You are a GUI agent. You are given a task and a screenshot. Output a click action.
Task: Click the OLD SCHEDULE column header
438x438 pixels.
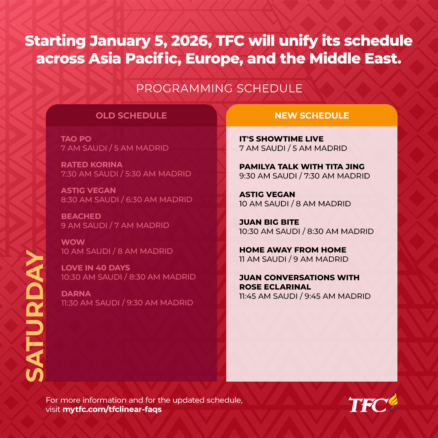click(131, 115)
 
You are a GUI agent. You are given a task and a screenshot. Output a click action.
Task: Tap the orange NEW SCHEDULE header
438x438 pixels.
click(312, 115)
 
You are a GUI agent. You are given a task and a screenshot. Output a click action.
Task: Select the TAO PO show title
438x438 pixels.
click(76, 139)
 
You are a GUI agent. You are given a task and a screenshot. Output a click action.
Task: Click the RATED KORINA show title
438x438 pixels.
click(92, 165)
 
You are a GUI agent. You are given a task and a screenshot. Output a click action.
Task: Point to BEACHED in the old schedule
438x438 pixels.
click(81, 216)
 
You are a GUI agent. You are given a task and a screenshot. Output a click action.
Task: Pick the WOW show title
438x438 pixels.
click(73, 242)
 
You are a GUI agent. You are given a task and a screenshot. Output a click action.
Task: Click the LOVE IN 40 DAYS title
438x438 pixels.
click(96, 268)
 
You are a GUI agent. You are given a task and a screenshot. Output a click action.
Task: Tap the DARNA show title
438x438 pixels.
click(76, 294)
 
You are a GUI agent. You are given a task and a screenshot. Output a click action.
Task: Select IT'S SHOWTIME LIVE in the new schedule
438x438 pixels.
click(281, 139)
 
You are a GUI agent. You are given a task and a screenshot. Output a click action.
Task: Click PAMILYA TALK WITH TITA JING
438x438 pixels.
click(302, 167)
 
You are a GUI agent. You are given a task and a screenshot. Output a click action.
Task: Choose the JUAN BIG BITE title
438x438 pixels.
click(269, 222)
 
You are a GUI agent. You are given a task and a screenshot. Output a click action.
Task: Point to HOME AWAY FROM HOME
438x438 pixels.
click(292, 250)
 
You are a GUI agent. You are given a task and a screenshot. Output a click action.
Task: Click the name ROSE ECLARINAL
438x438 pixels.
click(275, 287)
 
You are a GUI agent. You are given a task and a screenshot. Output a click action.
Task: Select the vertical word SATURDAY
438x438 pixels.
click(35, 316)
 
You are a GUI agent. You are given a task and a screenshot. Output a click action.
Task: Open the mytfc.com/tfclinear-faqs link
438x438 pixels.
click(112, 410)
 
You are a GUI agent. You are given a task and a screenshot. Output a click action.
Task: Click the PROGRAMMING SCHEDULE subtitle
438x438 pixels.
click(219, 88)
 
